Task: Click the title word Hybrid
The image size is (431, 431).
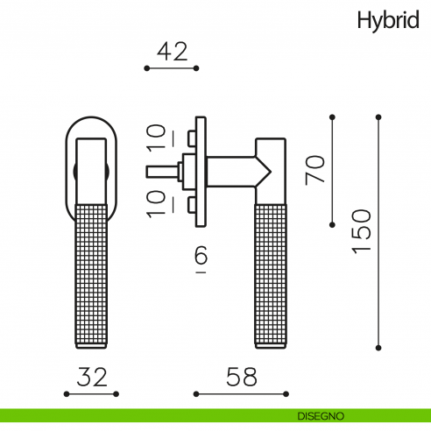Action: pos(388,21)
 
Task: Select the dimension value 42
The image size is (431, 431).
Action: pos(173,52)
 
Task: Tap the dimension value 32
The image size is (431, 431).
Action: pos(92,377)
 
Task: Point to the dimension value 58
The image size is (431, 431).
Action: pos(242,377)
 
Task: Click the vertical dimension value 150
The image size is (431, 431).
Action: pos(362,231)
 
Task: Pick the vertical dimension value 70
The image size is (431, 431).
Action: pos(315,170)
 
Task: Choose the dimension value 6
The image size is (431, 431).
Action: pos(201,255)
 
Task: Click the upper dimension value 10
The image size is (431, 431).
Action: pos(156,138)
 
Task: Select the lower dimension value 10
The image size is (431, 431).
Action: pos(156,204)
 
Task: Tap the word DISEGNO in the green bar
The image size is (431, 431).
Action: pos(321,416)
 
